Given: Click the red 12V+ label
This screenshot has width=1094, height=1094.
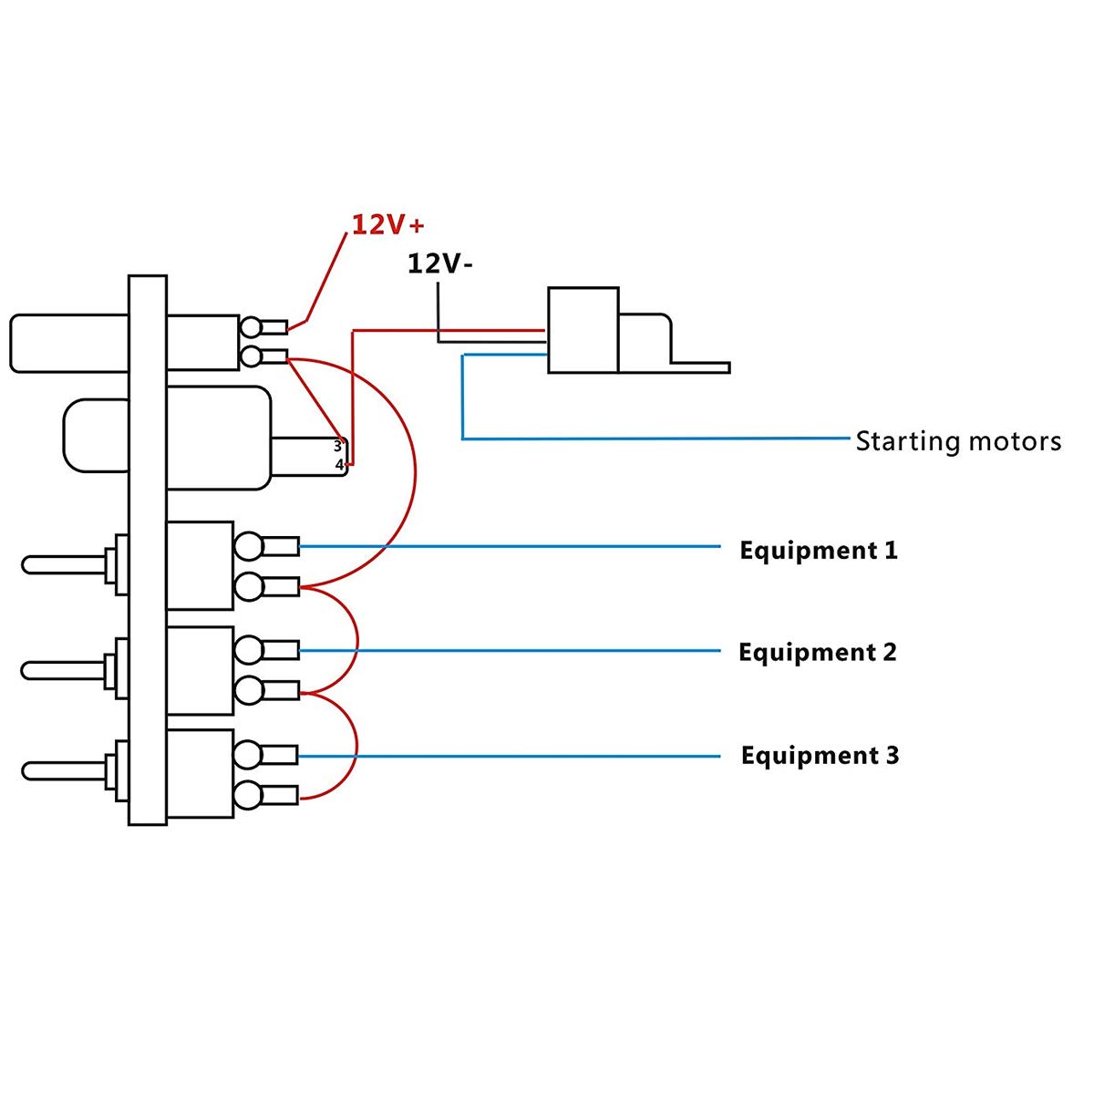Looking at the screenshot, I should (x=388, y=224).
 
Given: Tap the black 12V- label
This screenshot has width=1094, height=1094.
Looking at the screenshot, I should (x=439, y=264).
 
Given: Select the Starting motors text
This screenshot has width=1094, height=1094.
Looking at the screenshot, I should (x=958, y=442).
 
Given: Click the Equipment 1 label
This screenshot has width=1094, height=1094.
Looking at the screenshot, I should (x=818, y=551).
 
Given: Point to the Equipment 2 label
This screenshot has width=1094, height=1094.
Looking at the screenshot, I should (x=817, y=653).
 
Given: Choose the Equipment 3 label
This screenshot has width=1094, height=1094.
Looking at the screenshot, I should (x=820, y=756).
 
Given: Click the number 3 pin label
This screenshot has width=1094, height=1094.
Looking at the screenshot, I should (x=337, y=447).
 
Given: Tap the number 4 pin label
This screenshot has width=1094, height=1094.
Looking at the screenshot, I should (x=339, y=465).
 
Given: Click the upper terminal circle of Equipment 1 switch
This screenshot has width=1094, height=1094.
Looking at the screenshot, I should (x=248, y=547).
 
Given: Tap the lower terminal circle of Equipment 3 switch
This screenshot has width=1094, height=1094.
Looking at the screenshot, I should (x=248, y=796).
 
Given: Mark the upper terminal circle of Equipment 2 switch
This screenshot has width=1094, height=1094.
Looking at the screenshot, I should (x=248, y=650).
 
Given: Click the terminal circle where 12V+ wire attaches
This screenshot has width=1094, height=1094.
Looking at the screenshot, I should (x=251, y=327).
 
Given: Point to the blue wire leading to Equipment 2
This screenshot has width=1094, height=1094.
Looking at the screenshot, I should (x=511, y=651).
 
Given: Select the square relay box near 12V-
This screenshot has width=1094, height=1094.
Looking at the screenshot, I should (x=583, y=330).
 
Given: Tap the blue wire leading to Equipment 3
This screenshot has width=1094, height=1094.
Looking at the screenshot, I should (x=511, y=756).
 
